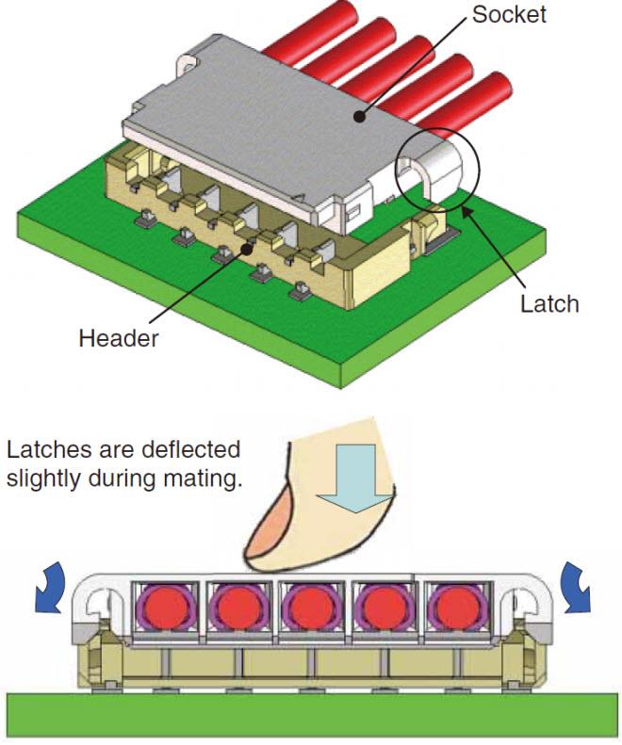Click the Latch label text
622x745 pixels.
point(548,304)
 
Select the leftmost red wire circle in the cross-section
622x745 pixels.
point(166,606)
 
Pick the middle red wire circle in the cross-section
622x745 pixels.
point(310,606)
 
